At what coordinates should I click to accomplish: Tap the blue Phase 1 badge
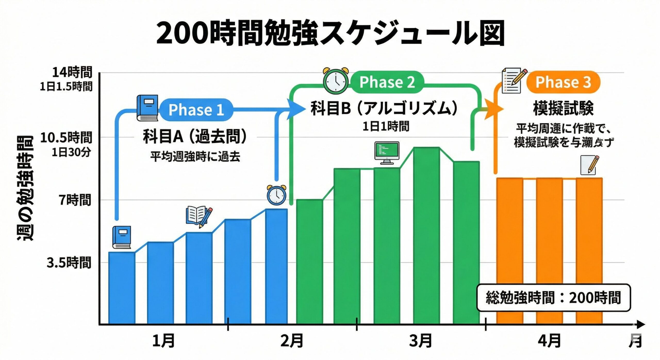(x=196, y=110)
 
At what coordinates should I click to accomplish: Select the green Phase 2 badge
(x=387, y=82)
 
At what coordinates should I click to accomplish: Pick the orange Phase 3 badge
(x=563, y=82)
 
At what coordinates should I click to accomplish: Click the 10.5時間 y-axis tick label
(x=66, y=138)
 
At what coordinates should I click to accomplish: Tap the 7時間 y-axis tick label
(x=75, y=200)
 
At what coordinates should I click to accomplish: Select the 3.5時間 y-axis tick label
(x=69, y=263)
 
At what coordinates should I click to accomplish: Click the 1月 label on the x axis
(x=163, y=341)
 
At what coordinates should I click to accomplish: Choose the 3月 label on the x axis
(x=420, y=341)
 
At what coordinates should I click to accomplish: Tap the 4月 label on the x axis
(x=549, y=341)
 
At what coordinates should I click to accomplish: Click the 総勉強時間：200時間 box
(x=553, y=298)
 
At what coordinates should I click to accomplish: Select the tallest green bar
(x=426, y=235)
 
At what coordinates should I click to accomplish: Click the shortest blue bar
(x=122, y=288)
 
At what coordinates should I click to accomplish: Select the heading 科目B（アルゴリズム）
(x=384, y=108)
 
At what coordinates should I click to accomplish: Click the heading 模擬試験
(x=563, y=108)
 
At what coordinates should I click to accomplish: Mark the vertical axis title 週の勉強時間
(x=25, y=188)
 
